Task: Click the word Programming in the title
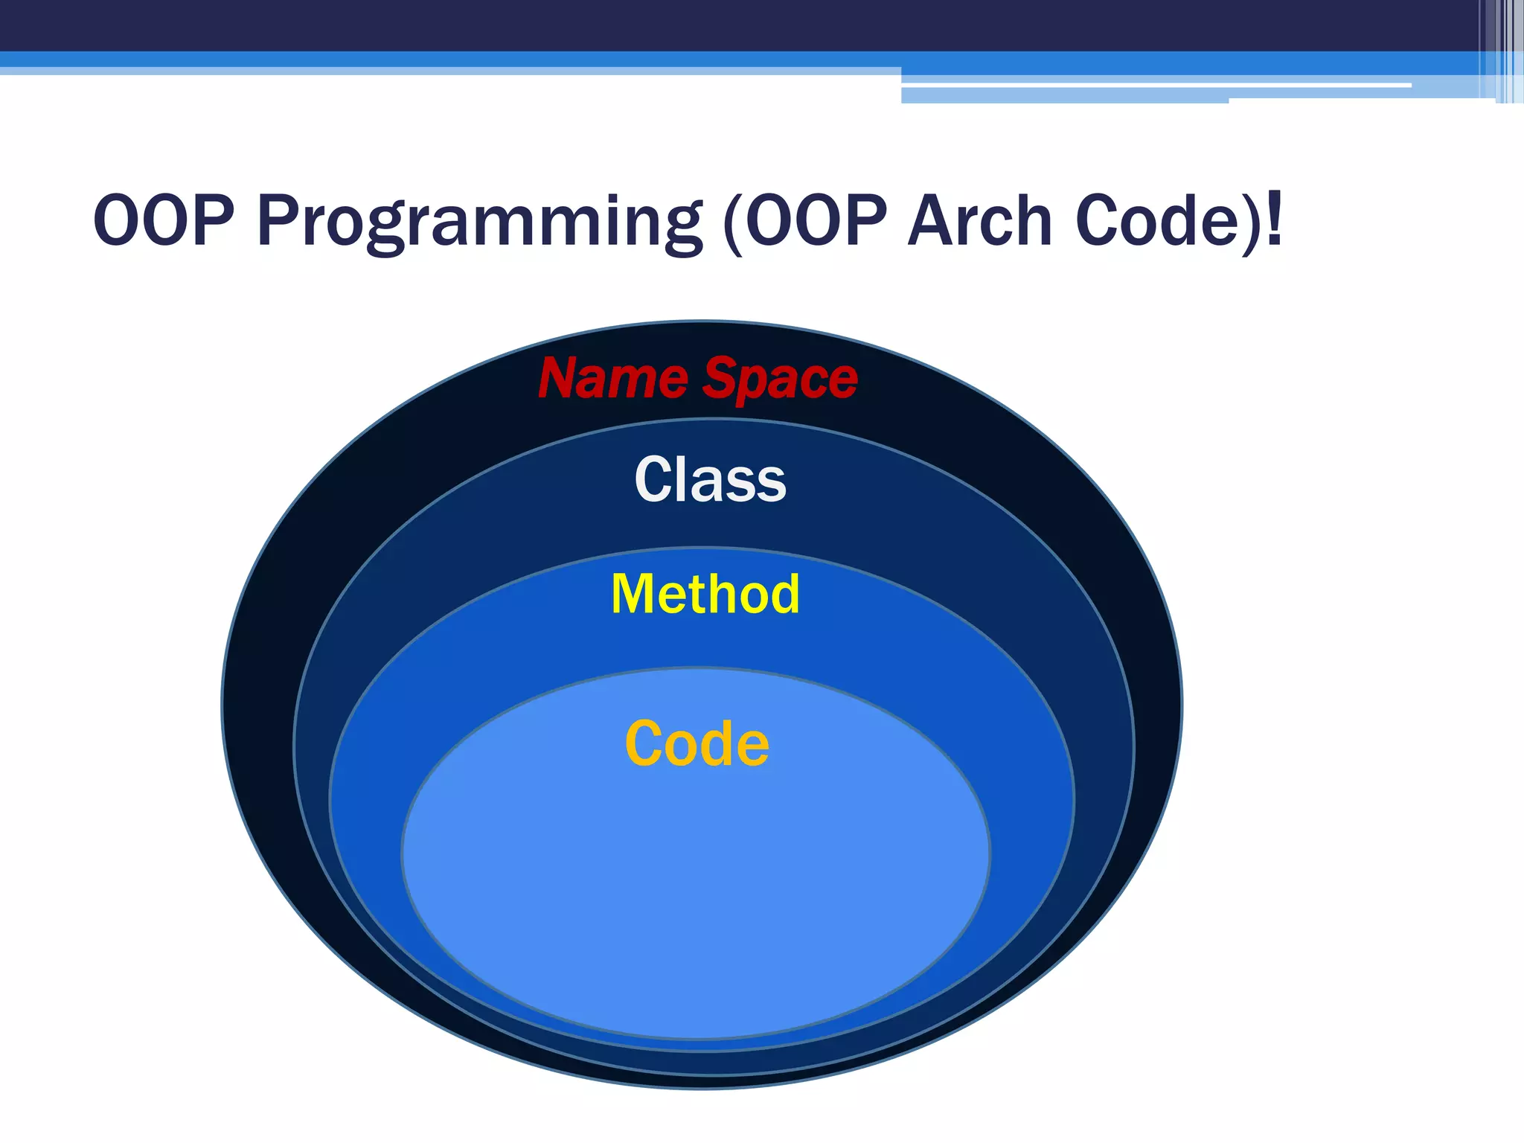tap(479, 221)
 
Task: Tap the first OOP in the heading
tap(164, 221)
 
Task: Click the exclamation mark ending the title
tap(1274, 220)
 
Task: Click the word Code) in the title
tap(1168, 221)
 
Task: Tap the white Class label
tap(710, 480)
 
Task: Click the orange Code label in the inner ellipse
tap(697, 743)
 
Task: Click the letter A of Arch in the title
tap(934, 221)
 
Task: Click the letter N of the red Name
tap(560, 379)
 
